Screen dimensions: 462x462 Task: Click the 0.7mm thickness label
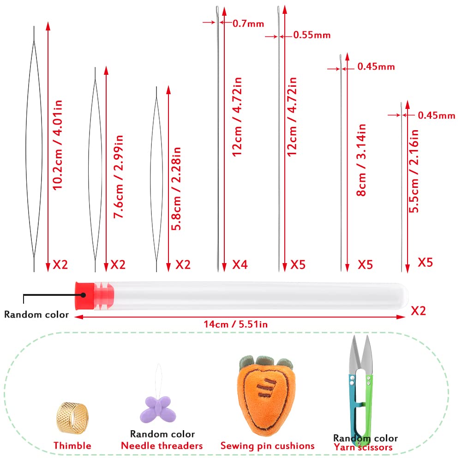(x=248, y=24)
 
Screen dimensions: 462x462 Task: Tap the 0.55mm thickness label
(x=312, y=35)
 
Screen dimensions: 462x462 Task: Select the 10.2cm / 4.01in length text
(x=57, y=145)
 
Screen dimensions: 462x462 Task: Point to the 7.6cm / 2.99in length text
(x=118, y=176)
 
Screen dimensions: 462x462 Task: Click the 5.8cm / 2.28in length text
(x=176, y=189)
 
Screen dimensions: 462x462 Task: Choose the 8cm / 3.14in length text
(x=361, y=160)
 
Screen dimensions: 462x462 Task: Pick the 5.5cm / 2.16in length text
(x=414, y=171)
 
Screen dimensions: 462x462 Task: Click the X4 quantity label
(x=240, y=264)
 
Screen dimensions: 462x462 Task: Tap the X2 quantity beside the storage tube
(x=419, y=311)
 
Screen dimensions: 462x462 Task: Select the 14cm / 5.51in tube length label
(x=236, y=324)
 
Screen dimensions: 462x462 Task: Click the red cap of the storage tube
(x=85, y=295)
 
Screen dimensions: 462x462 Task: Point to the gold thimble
(x=72, y=418)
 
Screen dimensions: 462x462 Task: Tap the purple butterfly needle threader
(x=158, y=409)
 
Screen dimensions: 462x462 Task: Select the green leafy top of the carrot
(x=266, y=363)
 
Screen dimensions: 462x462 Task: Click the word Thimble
(x=72, y=445)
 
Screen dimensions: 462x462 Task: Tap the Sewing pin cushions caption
(x=268, y=446)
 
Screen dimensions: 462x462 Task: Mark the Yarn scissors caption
(x=363, y=447)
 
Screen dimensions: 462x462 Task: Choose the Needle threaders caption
(x=162, y=445)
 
